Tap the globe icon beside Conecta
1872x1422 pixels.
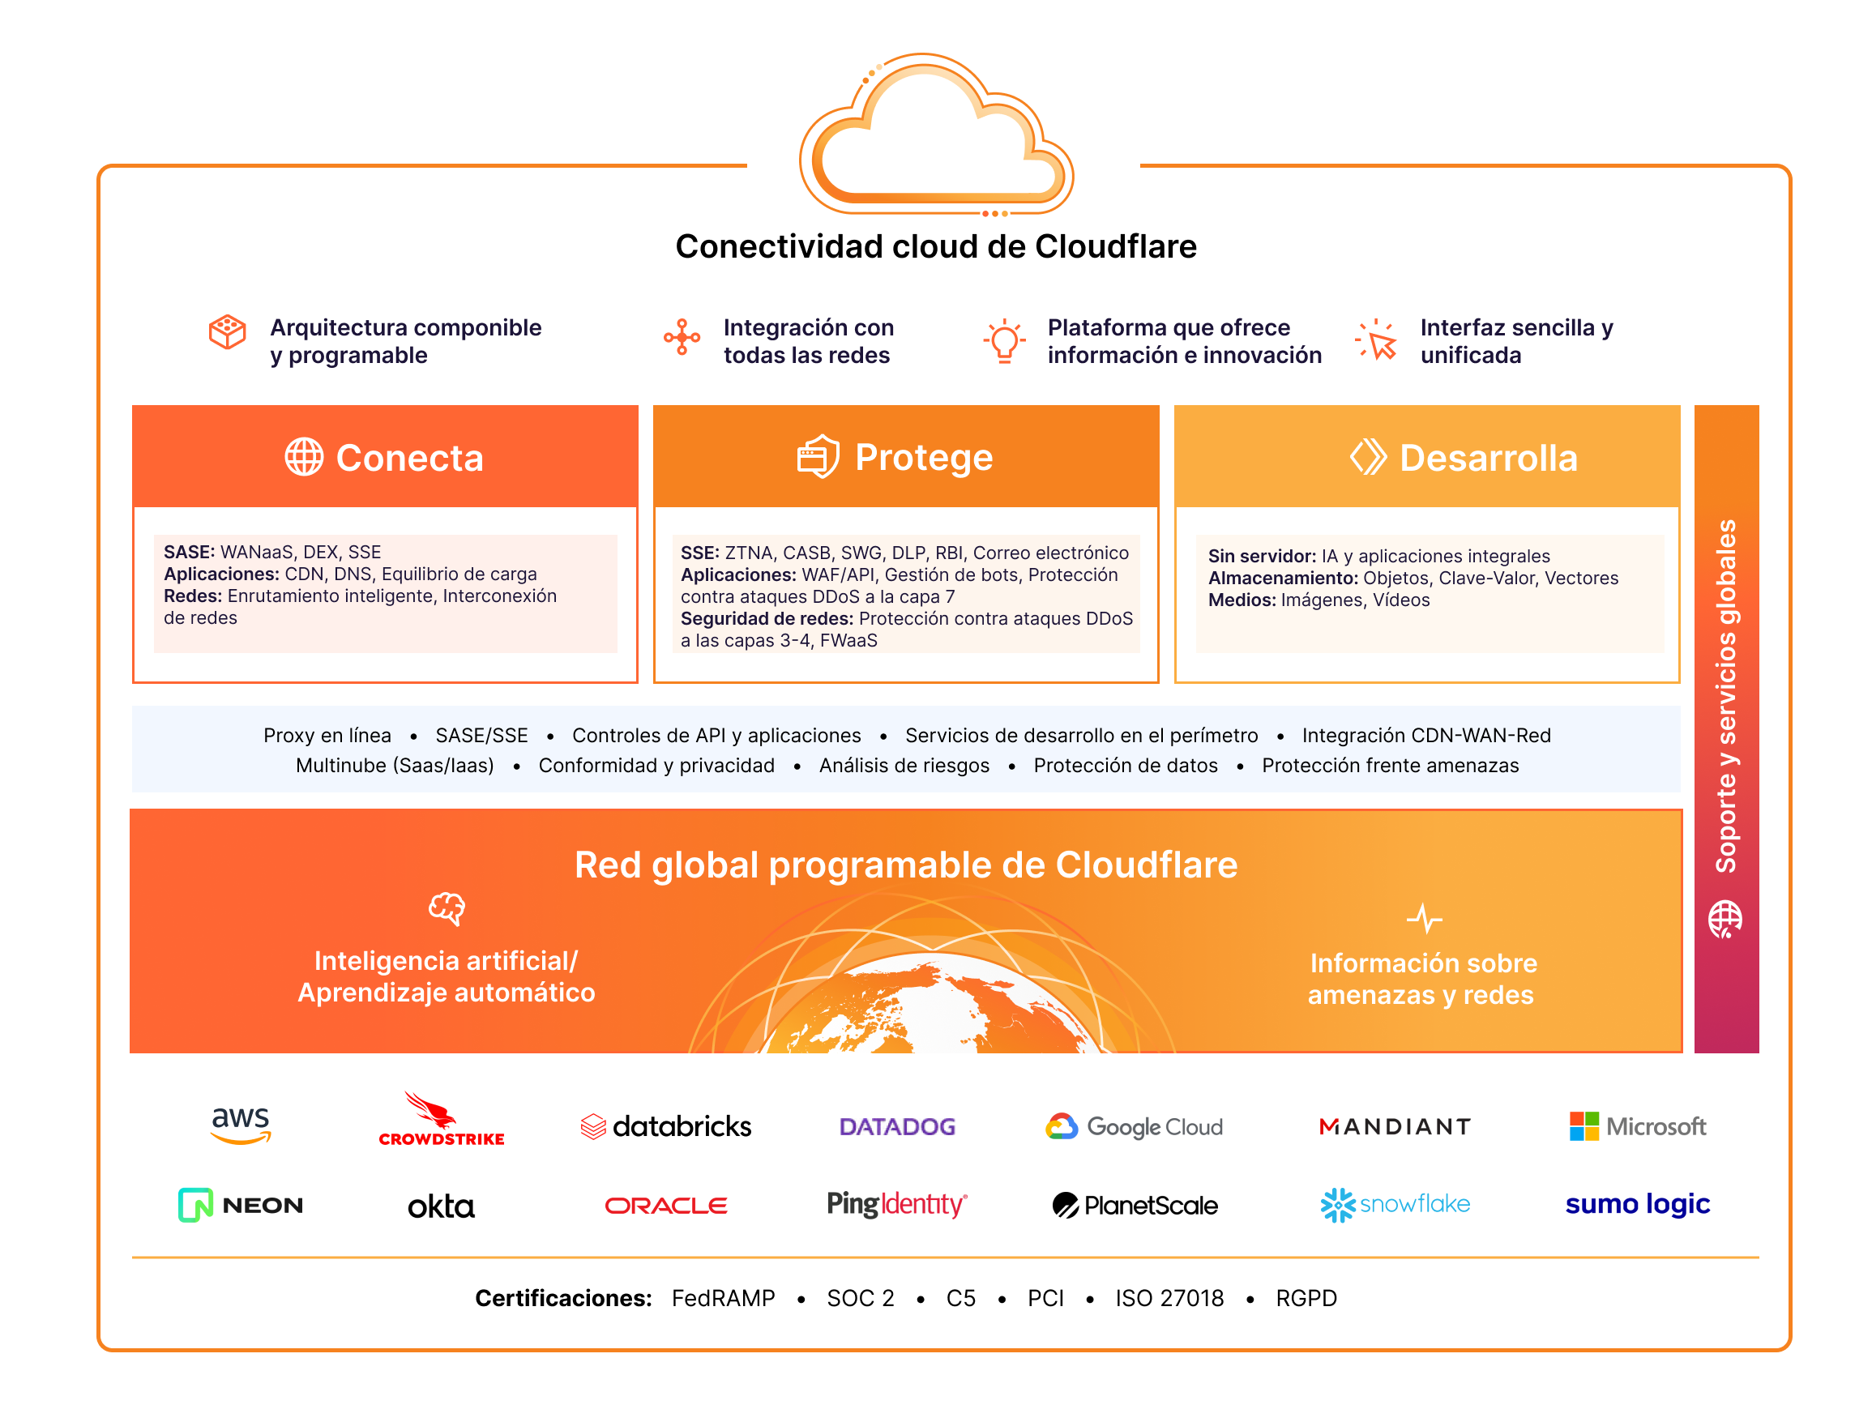304,457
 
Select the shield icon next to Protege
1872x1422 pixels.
818,457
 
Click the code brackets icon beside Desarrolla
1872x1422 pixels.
1368,457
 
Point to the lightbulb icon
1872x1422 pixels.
1004,341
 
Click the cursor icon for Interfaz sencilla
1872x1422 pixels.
1378,341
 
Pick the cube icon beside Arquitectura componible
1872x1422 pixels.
227,332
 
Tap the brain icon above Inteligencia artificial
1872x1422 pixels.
447,909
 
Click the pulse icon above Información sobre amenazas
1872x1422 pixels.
1424,918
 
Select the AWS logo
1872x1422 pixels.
241,1125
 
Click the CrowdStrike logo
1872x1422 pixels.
441,1120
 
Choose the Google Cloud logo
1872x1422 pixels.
1134,1126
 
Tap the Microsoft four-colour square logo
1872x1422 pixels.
1584,1126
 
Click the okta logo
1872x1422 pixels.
441,1206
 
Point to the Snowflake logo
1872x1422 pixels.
1395,1206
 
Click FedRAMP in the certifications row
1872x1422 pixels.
723,1298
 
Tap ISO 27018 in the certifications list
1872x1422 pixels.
1169,1298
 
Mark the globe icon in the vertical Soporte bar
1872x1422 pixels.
1725,919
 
